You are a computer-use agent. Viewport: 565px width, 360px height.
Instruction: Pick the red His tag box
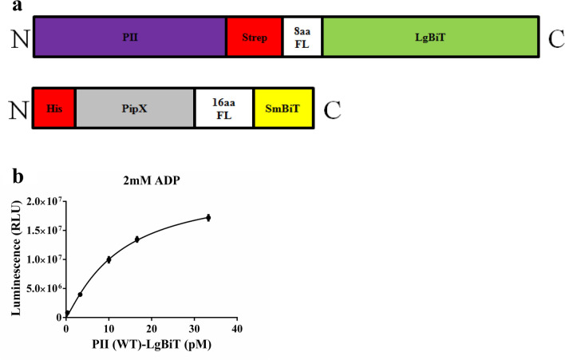53,107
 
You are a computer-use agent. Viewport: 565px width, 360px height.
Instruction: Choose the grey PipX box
135,107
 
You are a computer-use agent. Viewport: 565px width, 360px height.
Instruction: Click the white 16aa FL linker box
224,107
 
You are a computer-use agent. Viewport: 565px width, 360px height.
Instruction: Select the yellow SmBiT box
283,107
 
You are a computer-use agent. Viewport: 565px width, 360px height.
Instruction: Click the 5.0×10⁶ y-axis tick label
41,288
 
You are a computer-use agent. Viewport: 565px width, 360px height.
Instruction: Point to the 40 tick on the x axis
236,329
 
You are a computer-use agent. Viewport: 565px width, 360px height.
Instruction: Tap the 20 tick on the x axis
152,329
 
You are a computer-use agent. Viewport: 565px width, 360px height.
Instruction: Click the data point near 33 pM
208,217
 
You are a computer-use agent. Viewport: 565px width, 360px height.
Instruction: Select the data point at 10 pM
109,259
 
